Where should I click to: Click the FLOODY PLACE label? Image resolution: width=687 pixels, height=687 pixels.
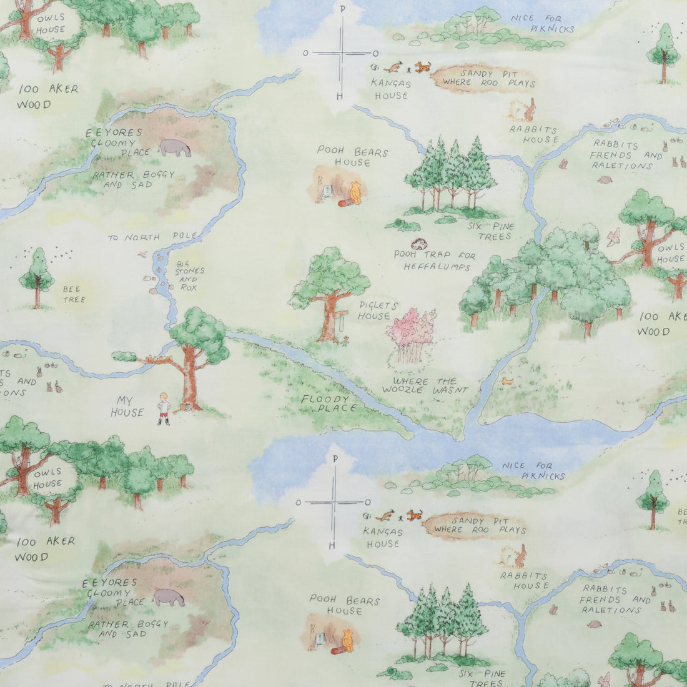[x=329, y=403]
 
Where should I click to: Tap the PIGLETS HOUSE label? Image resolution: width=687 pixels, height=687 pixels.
[x=374, y=310]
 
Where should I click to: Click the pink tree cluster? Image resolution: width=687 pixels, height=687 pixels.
[x=412, y=328]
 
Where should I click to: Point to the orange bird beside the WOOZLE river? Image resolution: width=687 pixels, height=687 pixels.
[x=507, y=380]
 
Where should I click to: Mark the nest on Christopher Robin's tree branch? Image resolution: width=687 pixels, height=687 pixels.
[x=151, y=359]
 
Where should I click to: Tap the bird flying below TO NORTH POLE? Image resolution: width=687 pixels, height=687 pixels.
[x=144, y=254]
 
